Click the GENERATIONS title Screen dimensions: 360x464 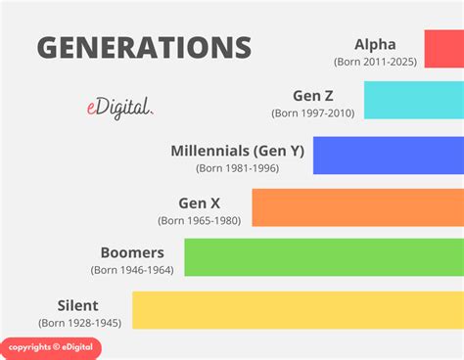(x=144, y=47)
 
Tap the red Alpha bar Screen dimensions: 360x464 (x=443, y=48)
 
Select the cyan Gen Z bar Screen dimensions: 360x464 (x=413, y=101)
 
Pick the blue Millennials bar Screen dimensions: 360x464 (x=388, y=156)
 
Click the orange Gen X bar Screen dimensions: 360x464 (x=357, y=207)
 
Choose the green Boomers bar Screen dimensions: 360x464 (x=323, y=257)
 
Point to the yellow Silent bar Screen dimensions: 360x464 (x=298, y=309)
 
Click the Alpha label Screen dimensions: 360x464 (x=375, y=43)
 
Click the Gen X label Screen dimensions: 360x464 (x=199, y=203)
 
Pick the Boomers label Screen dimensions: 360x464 (x=132, y=252)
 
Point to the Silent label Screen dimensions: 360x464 (x=78, y=304)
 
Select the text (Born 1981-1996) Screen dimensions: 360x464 (x=237, y=168)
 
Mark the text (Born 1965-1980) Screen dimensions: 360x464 (x=200, y=221)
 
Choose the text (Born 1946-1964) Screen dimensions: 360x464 (x=132, y=270)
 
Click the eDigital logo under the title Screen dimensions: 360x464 (x=118, y=110)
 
